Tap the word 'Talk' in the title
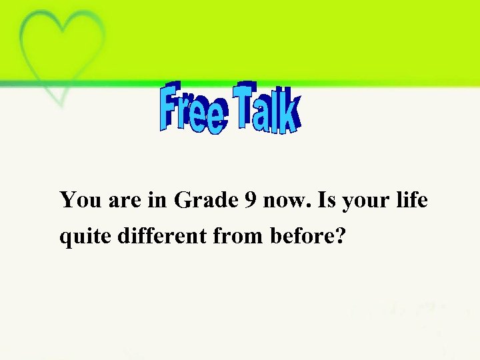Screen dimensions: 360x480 (x=266, y=107)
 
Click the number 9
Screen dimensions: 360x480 (x=251, y=200)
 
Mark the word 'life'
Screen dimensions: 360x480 (x=410, y=199)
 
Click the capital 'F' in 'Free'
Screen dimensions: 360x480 (x=171, y=105)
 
